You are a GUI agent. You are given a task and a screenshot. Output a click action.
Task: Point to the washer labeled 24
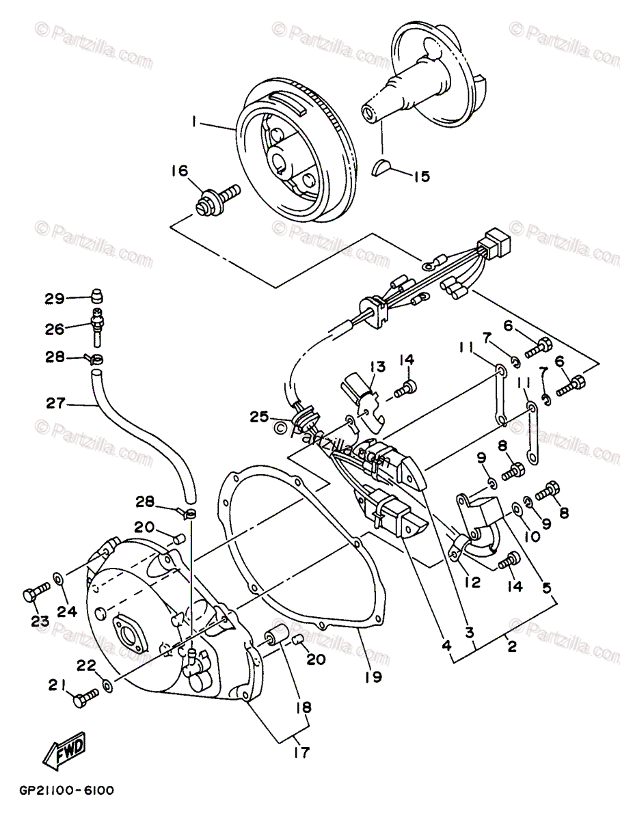[60, 579]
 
